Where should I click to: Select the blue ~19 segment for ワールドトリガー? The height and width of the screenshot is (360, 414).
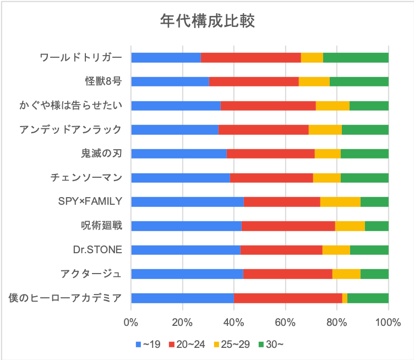tap(166, 58)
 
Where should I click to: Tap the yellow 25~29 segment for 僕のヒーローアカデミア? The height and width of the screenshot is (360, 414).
tap(345, 298)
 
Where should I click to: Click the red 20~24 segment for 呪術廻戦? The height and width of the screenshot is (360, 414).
tap(288, 226)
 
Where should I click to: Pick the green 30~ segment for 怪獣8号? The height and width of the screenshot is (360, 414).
tap(359, 81)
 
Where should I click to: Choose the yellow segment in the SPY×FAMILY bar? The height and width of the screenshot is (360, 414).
tap(340, 202)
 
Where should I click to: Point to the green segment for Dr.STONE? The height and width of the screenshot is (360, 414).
tap(369, 250)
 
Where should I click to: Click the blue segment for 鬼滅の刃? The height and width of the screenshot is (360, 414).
tap(178, 154)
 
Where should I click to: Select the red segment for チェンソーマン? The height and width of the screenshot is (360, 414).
tap(271, 178)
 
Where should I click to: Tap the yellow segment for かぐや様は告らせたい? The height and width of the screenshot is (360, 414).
tap(333, 106)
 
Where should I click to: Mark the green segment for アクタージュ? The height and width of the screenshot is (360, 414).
tap(374, 274)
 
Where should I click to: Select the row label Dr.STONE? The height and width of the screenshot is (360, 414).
tap(97, 250)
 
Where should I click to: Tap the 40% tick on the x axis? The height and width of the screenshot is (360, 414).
tap(234, 323)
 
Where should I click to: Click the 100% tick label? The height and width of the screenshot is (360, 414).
tap(388, 323)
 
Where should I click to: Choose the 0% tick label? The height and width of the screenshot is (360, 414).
tap(131, 323)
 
